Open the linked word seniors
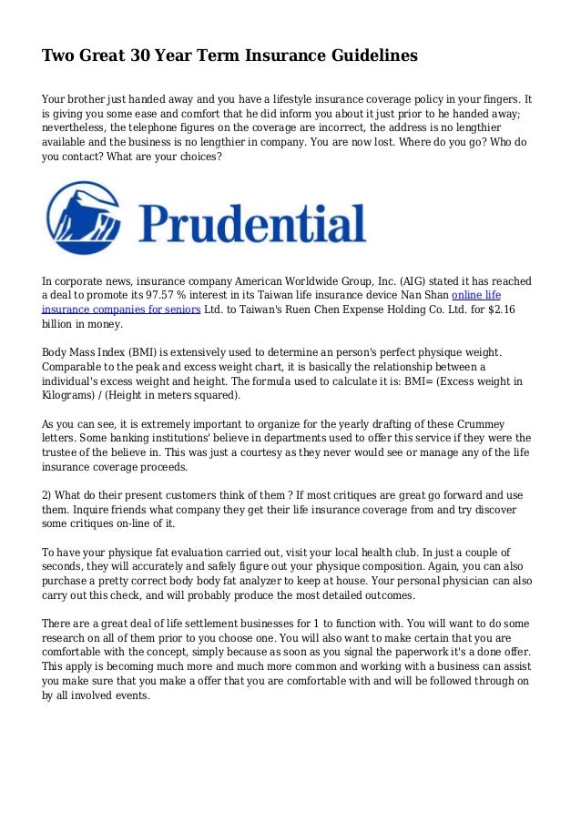(178, 310)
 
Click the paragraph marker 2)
(48, 495)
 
